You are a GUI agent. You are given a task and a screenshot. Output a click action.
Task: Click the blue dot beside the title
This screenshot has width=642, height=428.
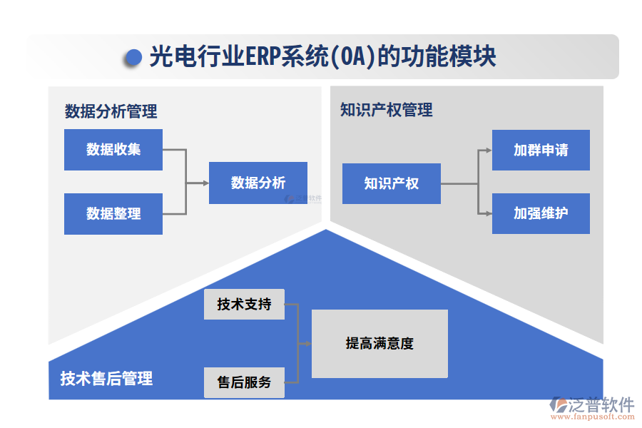[133, 58]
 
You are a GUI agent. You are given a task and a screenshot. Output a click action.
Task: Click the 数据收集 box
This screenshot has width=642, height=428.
[113, 150]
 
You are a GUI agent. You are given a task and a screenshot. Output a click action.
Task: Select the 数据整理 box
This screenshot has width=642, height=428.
[113, 213]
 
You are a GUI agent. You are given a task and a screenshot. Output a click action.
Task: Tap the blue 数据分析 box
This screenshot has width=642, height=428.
[258, 183]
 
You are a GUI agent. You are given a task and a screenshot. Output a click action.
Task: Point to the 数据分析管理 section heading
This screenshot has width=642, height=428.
[111, 112]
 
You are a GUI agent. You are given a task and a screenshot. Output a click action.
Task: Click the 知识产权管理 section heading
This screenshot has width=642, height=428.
[386, 110]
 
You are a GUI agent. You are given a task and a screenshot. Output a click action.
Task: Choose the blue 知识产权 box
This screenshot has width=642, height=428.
[391, 183]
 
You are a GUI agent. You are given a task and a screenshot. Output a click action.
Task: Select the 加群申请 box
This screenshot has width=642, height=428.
[541, 150]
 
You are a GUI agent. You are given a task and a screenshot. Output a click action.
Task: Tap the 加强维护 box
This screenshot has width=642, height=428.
[541, 213]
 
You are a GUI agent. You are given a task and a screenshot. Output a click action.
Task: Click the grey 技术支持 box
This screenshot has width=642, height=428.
[244, 305]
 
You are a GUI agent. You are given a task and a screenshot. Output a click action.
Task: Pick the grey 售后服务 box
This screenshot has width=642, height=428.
[244, 382]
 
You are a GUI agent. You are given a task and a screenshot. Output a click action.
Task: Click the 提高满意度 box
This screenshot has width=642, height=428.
[379, 344]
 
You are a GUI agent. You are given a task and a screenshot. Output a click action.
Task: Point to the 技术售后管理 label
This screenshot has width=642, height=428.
[106, 378]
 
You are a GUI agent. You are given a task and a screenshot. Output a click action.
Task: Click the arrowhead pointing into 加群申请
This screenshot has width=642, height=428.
[488, 150]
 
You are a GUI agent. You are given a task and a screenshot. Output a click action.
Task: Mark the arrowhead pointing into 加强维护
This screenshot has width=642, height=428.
[488, 213]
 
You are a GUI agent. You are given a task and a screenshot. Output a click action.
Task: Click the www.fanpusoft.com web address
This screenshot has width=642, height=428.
[594, 418]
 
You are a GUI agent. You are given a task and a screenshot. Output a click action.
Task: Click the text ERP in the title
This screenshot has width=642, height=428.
[262, 57]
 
